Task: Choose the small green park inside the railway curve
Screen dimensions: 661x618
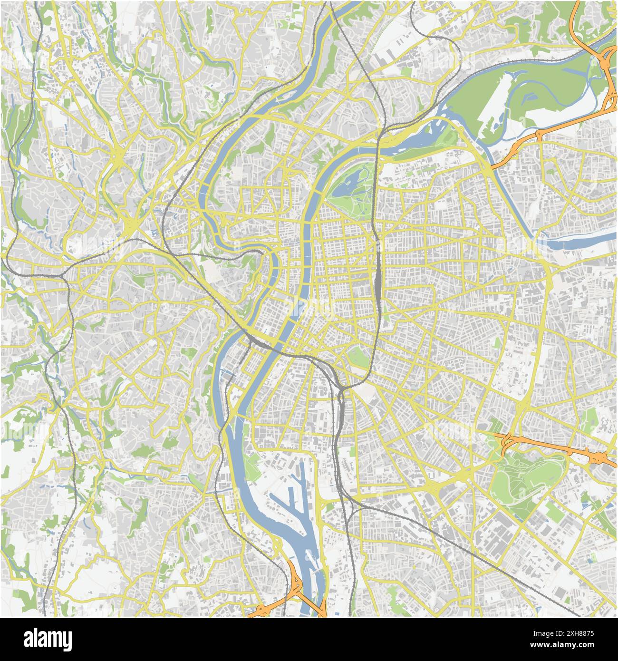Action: [359, 357]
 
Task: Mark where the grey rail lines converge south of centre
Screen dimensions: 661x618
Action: [340, 390]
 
